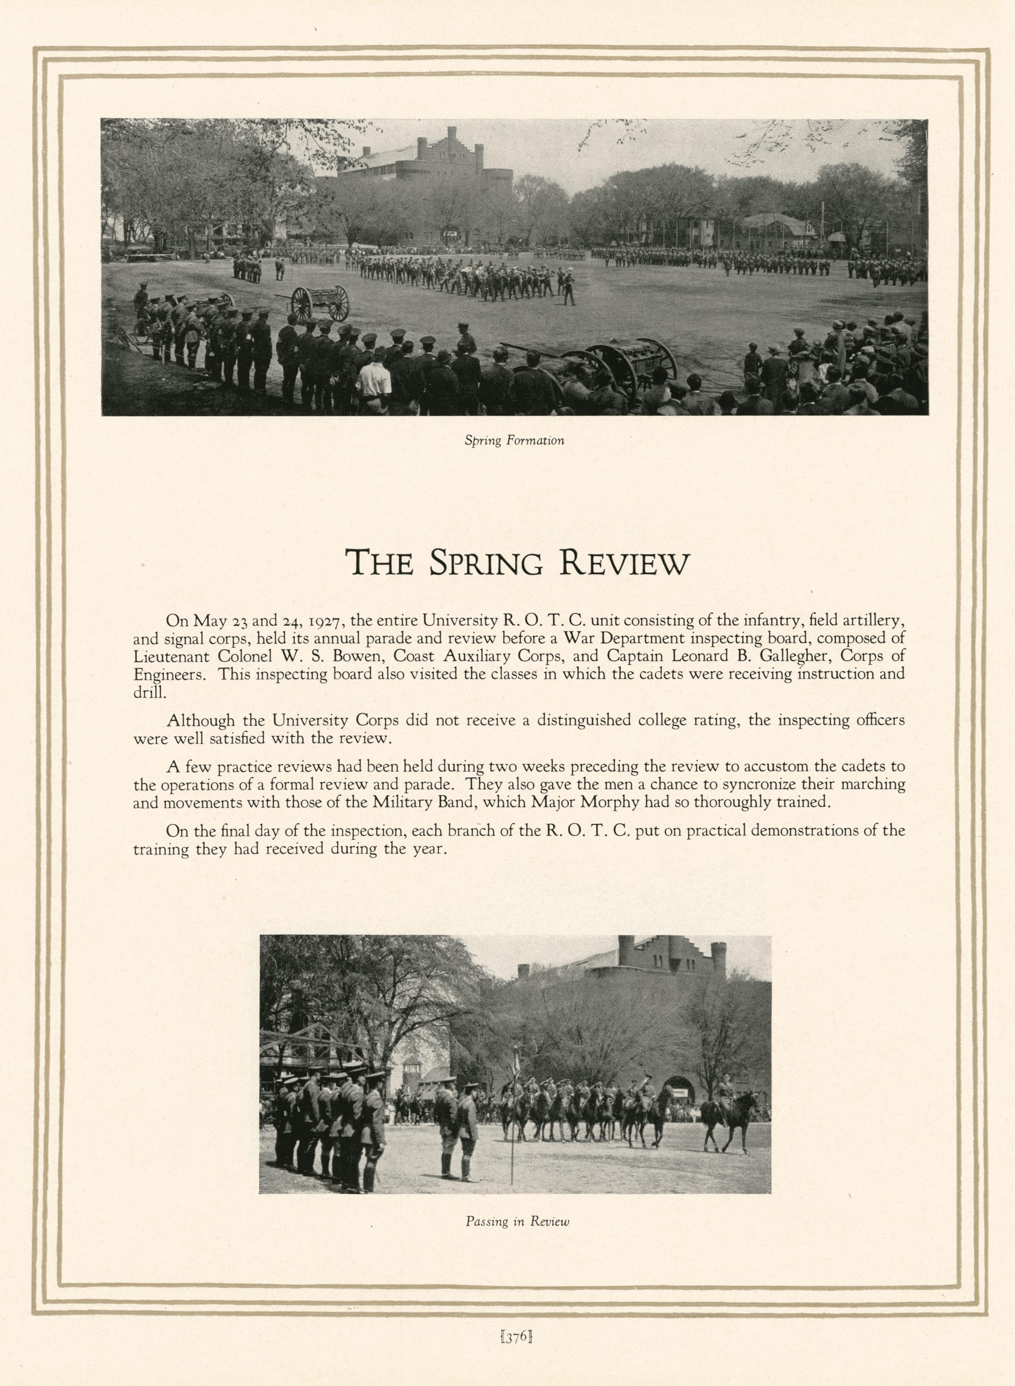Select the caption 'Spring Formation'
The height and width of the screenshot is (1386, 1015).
514,440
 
